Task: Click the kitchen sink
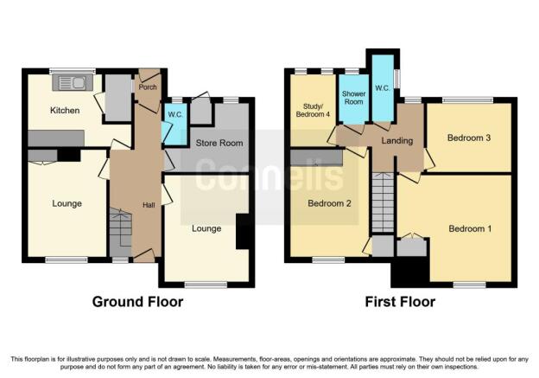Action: (73, 83)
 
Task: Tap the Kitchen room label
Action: (65, 111)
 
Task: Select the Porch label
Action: (148, 87)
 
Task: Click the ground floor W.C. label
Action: (175, 115)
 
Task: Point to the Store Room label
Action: (219, 143)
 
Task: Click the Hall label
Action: (149, 205)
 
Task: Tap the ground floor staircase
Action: (120, 232)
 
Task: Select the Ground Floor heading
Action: (137, 302)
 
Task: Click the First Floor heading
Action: (400, 302)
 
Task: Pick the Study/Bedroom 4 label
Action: (313, 110)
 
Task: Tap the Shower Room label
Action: (354, 98)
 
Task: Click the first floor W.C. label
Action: (383, 88)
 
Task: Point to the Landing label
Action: (397, 140)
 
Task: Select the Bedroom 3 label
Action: (469, 138)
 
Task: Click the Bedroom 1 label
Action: (470, 228)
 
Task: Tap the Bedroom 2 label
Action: (329, 203)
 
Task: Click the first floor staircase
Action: (383, 202)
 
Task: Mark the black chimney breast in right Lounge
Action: (243, 232)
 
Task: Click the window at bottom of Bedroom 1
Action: (469, 285)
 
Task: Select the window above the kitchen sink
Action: (73, 71)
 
